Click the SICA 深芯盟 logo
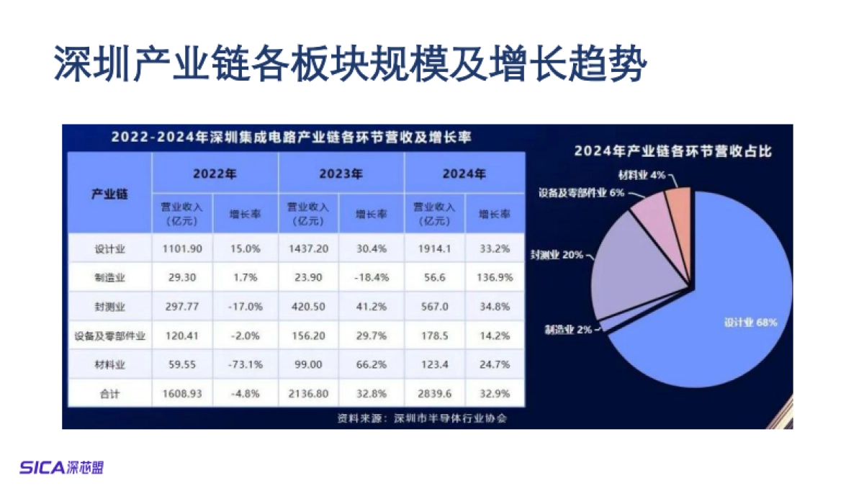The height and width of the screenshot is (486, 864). pyautogui.click(x=61, y=467)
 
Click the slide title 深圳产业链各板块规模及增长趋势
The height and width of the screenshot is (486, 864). pyautogui.click(x=351, y=64)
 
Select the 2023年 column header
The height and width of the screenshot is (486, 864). pyautogui.click(x=341, y=174)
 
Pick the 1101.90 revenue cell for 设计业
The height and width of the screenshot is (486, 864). pyautogui.click(x=182, y=250)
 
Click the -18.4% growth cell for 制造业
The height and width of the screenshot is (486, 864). pyautogui.click(x=372, y=278)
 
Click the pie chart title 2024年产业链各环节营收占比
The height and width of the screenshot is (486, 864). pyautogui.click(x=672, y=151)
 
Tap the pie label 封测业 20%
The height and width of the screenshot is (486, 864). pyautogui.click(x=556, y=255)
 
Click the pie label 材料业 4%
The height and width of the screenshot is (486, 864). pyautogui.click(x=636, y=175)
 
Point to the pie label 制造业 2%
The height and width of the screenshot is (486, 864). pyautogui.click(x=568, y=330)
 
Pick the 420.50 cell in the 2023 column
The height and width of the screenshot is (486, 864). pyautogui.click(x=309, y=307)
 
